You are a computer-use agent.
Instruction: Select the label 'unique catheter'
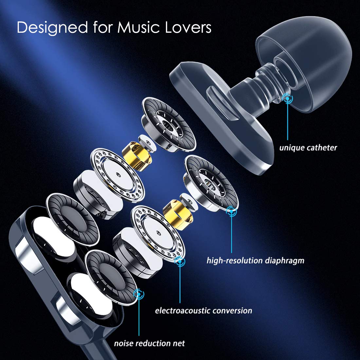(308, 148)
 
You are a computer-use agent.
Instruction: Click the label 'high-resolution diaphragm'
(255, 261)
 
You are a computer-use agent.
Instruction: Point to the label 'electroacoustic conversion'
(204, 310)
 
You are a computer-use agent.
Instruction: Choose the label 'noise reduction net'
(149, 343)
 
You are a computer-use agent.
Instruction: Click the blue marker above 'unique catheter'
(288, 97)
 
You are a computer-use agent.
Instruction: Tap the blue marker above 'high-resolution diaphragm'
(232, 211)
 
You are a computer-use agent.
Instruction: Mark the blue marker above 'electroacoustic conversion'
(179, 261)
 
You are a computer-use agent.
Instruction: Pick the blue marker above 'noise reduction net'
(139, 294)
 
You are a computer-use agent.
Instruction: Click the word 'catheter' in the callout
(322, 148)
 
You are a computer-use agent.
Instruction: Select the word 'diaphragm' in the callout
(284, 261)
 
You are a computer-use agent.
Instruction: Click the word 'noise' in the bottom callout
(123, 343)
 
